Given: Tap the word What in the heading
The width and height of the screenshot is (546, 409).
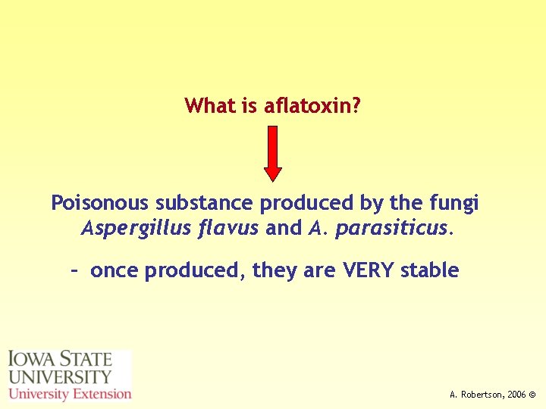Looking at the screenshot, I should click(210, 106).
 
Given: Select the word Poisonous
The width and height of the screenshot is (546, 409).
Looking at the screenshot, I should click(99, 204).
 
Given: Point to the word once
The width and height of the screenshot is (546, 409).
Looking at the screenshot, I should click(115, 271).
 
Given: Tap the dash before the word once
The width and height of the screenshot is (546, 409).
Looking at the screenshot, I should click(74, 270).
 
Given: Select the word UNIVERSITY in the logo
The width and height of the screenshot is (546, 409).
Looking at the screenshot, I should click(60, 376).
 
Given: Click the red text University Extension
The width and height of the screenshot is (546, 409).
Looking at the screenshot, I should click(70, 394).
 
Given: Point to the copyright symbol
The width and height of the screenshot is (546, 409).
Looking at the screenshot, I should click(533, 395).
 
